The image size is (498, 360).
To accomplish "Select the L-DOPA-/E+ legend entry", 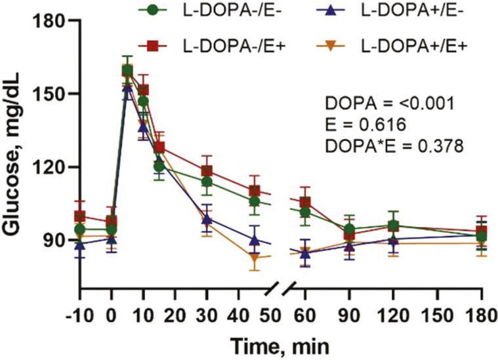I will (x=197, y=45).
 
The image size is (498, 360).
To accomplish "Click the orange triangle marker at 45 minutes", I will (x=254, y=258).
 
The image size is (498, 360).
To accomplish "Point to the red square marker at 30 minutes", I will (x=207, y=171).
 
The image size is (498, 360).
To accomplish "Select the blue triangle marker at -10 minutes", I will (x=80, y=245).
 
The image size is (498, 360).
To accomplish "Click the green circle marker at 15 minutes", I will (x=159, y=167).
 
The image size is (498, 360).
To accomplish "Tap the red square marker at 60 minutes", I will (x=304, y=202).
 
